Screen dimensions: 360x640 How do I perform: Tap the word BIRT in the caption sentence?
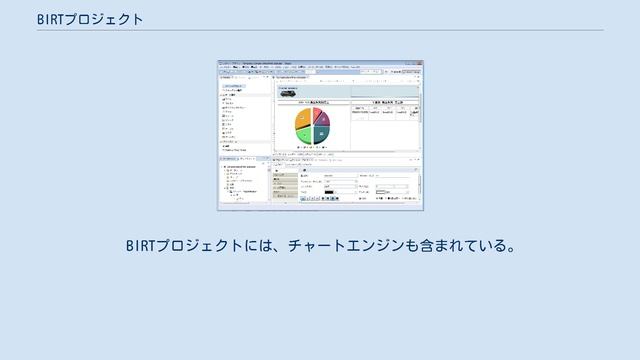coord(141,245)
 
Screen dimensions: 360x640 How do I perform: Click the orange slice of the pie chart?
coord(303,122)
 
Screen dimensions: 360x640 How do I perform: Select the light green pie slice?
coord(303,136)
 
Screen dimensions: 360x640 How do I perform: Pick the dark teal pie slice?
coord(321,134)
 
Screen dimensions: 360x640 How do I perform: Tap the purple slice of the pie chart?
coord(323,120)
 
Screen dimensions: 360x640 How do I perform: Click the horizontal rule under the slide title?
coord(320,30)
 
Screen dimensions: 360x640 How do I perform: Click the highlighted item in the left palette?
coord(238,86)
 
